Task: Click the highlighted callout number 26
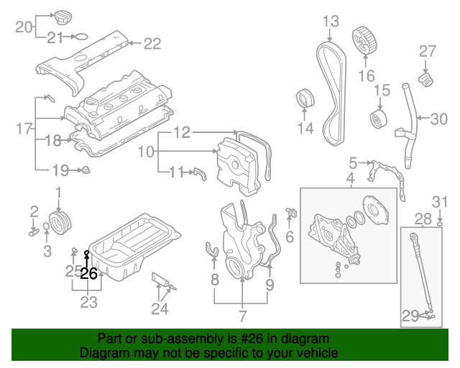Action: pyautogui.click(x=88, y=274)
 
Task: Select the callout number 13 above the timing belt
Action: pyautogui.click(x=330, y=21)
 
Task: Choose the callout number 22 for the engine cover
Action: pyautogui.click(x=152, y=44)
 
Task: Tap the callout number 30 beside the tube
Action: pyautogui.click(x=438, y=119)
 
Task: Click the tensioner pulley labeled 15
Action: pyautogui.click(x=377, y=119)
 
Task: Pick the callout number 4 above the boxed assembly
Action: pyautogui.click(x=351, y=178)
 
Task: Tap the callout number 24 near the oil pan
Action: pyautogui.click(x=160, y=309)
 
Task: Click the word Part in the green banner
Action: pyautogui.click(x=109, y=339)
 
